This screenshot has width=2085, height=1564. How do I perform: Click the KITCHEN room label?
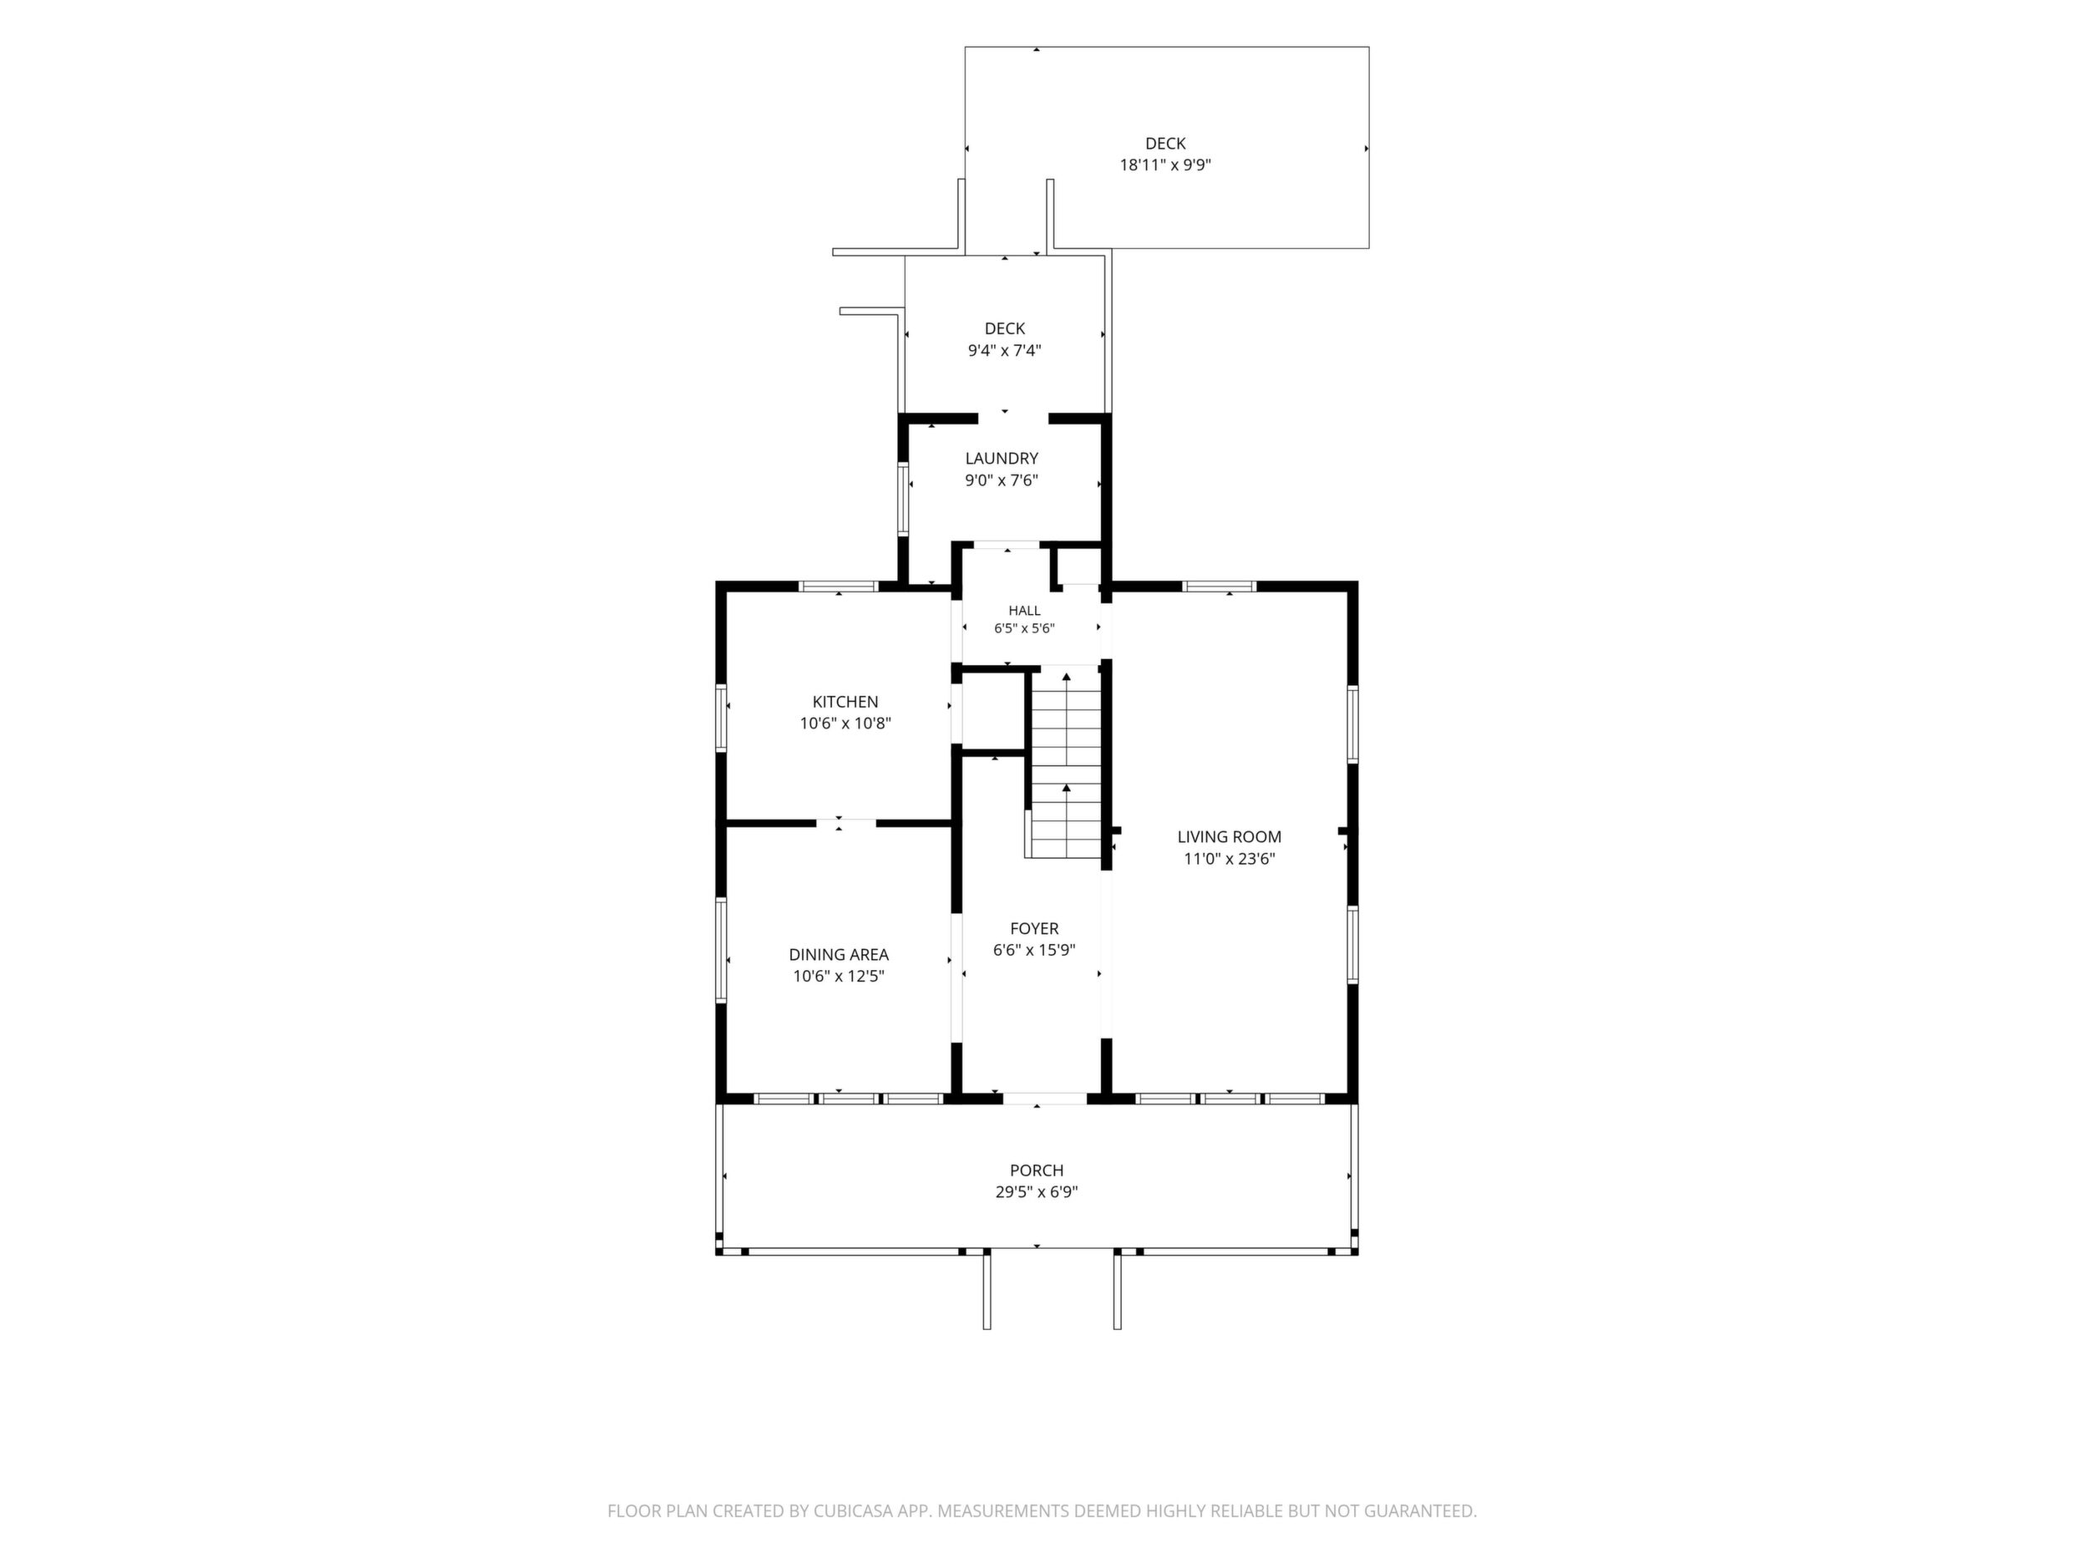coord(845,702)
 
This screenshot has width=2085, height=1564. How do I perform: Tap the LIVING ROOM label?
coord(1229,836)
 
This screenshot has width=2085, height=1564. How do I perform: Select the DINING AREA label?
coord(839,955)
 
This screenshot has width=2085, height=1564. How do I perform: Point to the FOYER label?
coord(1034,928)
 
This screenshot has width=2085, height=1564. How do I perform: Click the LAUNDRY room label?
coord(1001,458)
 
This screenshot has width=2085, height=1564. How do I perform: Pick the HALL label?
coord(1025,611)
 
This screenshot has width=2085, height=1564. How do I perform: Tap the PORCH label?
coord(1037,1170)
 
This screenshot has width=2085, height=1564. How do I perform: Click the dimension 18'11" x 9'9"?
coord(1165,165)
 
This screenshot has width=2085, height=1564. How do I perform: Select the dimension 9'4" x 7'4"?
coord(1005,351)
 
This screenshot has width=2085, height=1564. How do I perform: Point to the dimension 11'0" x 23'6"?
coord(1229,859)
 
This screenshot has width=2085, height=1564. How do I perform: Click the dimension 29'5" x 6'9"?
coord(1037,1192)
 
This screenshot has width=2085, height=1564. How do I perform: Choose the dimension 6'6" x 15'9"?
coord(1034,950)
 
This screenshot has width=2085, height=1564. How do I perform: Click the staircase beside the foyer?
coord(1065,762)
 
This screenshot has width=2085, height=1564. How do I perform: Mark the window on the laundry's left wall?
coord(903,499)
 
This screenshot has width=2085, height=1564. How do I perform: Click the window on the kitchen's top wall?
coord(839,586)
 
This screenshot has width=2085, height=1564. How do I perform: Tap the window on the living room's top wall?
coord(1220,586)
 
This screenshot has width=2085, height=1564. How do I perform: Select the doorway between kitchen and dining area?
coord(845,823)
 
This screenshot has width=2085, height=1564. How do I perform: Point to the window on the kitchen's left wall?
coord(721,719)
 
